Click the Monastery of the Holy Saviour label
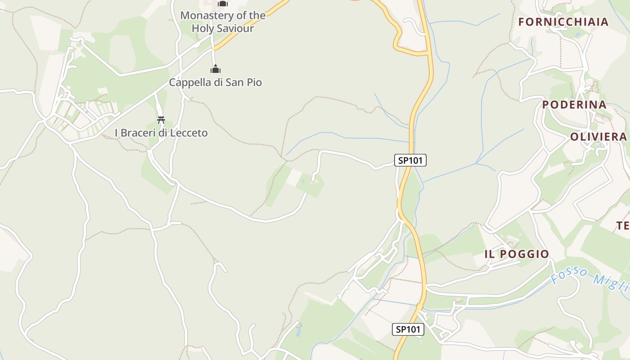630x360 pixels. (x=223, y=22)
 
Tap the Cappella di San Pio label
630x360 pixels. (x=215, y=83)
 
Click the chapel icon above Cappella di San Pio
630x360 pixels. (x=216, y=69)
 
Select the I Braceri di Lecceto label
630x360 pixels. (x=161, y=133)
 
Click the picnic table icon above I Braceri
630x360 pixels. (x=161, y=120)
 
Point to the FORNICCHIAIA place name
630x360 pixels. (x=563, y=22)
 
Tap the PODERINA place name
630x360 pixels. (x=574, y=105)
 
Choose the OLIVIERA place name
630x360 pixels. (x=598, y=137)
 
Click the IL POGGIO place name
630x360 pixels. (x=517, y=254)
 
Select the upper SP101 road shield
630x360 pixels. (x=410, y=160)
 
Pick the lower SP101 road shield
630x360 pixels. (x=408, y=329)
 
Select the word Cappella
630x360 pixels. (x=188, y=83)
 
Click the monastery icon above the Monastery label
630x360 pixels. (x=222, y=4)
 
